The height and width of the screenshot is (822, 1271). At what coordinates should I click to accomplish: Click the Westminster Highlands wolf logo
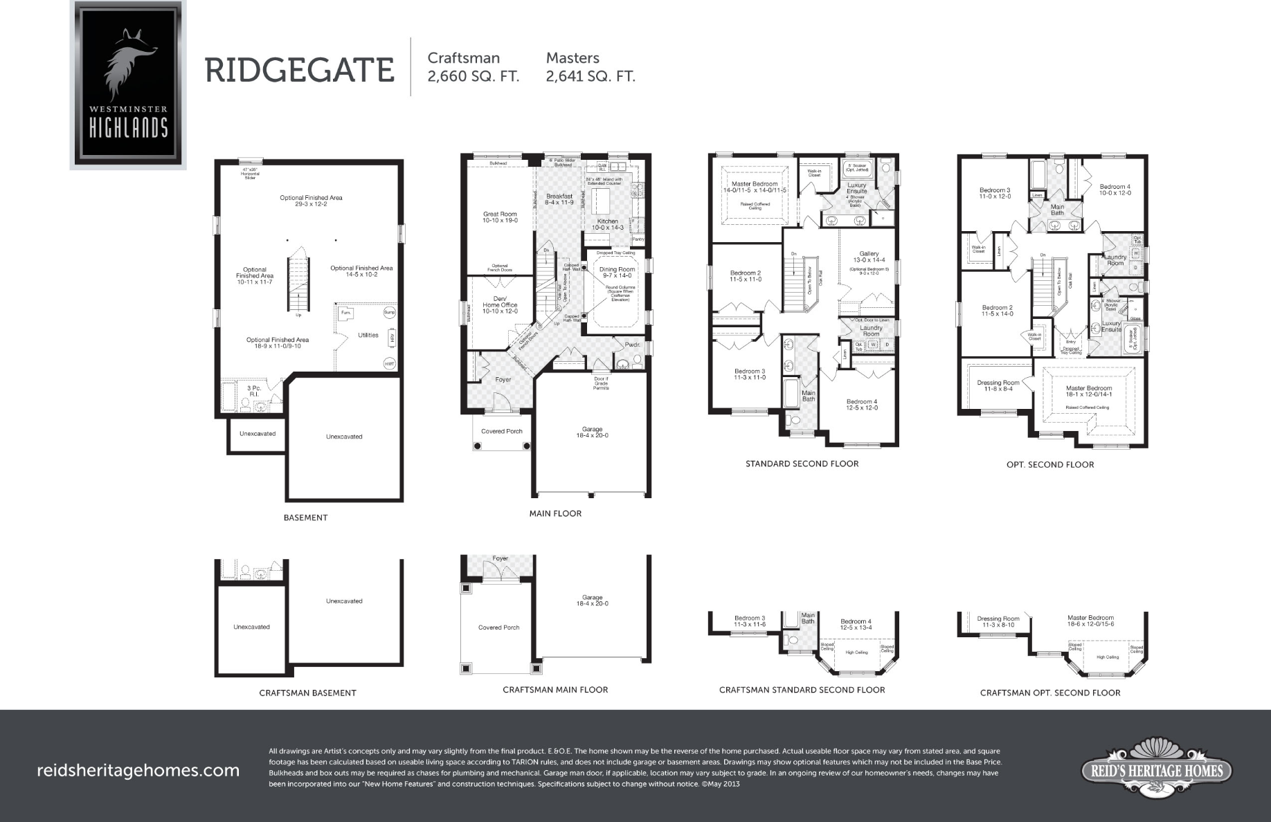128,84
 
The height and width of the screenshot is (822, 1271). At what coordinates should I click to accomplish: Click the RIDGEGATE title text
299,70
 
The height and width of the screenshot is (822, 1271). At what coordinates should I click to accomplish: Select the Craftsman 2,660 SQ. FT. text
473,67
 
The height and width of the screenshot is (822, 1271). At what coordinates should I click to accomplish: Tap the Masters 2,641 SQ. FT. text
590,67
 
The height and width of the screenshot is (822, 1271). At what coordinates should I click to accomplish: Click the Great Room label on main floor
500,217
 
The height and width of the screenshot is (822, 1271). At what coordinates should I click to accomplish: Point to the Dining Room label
617,272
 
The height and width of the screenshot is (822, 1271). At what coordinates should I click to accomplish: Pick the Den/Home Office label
500,304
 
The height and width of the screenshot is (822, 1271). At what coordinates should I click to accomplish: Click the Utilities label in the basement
368,335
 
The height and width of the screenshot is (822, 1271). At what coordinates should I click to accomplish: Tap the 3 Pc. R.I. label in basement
254,391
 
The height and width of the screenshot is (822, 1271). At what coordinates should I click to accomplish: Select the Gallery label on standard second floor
869,257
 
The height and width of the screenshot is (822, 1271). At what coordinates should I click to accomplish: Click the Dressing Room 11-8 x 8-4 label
998,385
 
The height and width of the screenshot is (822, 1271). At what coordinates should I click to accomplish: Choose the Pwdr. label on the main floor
632,345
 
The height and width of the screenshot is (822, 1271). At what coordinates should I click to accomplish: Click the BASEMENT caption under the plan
305,518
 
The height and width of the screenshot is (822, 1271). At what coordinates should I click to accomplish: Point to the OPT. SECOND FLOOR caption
1050,465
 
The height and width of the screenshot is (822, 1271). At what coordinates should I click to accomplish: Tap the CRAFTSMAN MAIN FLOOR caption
555,690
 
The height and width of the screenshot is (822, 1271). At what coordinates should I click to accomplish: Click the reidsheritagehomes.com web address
138,770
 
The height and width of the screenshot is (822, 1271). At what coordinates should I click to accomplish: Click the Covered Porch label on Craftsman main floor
498,628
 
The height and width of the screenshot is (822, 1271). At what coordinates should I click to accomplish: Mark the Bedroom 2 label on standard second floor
746,275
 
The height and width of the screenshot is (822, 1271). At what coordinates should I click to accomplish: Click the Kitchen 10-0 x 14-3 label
608,224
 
